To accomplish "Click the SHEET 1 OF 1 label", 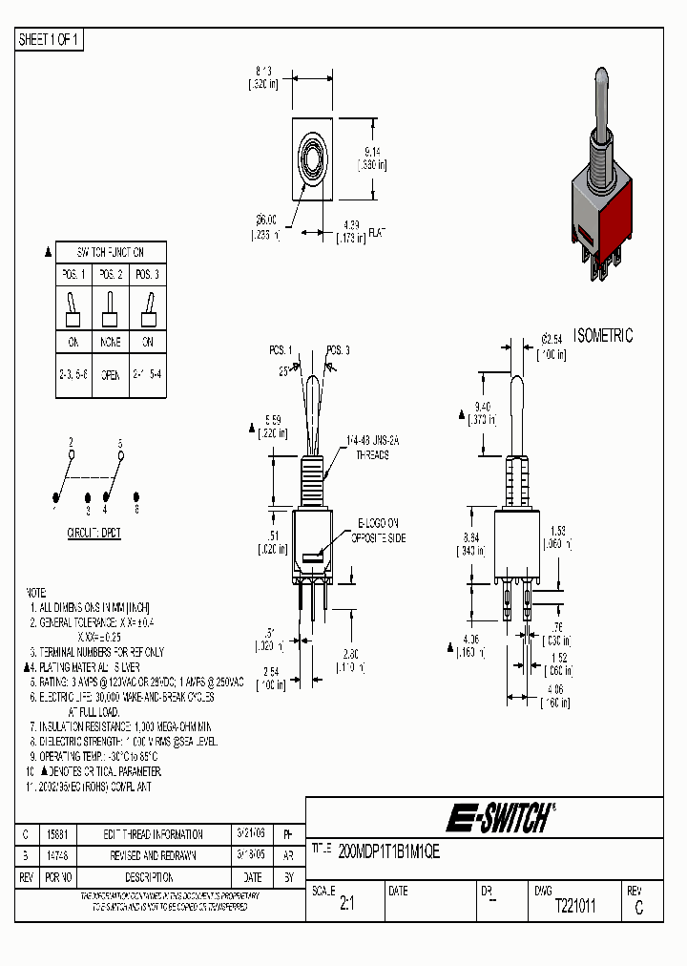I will (51, 40).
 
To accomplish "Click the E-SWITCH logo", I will (502, 818).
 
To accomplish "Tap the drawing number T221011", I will (575, 907).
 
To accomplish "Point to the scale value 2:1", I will (346, 907).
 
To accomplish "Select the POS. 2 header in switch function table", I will (111, 275).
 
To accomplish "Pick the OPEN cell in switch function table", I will (111, 375).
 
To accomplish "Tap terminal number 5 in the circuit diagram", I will (120, 443).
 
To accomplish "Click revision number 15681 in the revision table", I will (58, 834).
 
